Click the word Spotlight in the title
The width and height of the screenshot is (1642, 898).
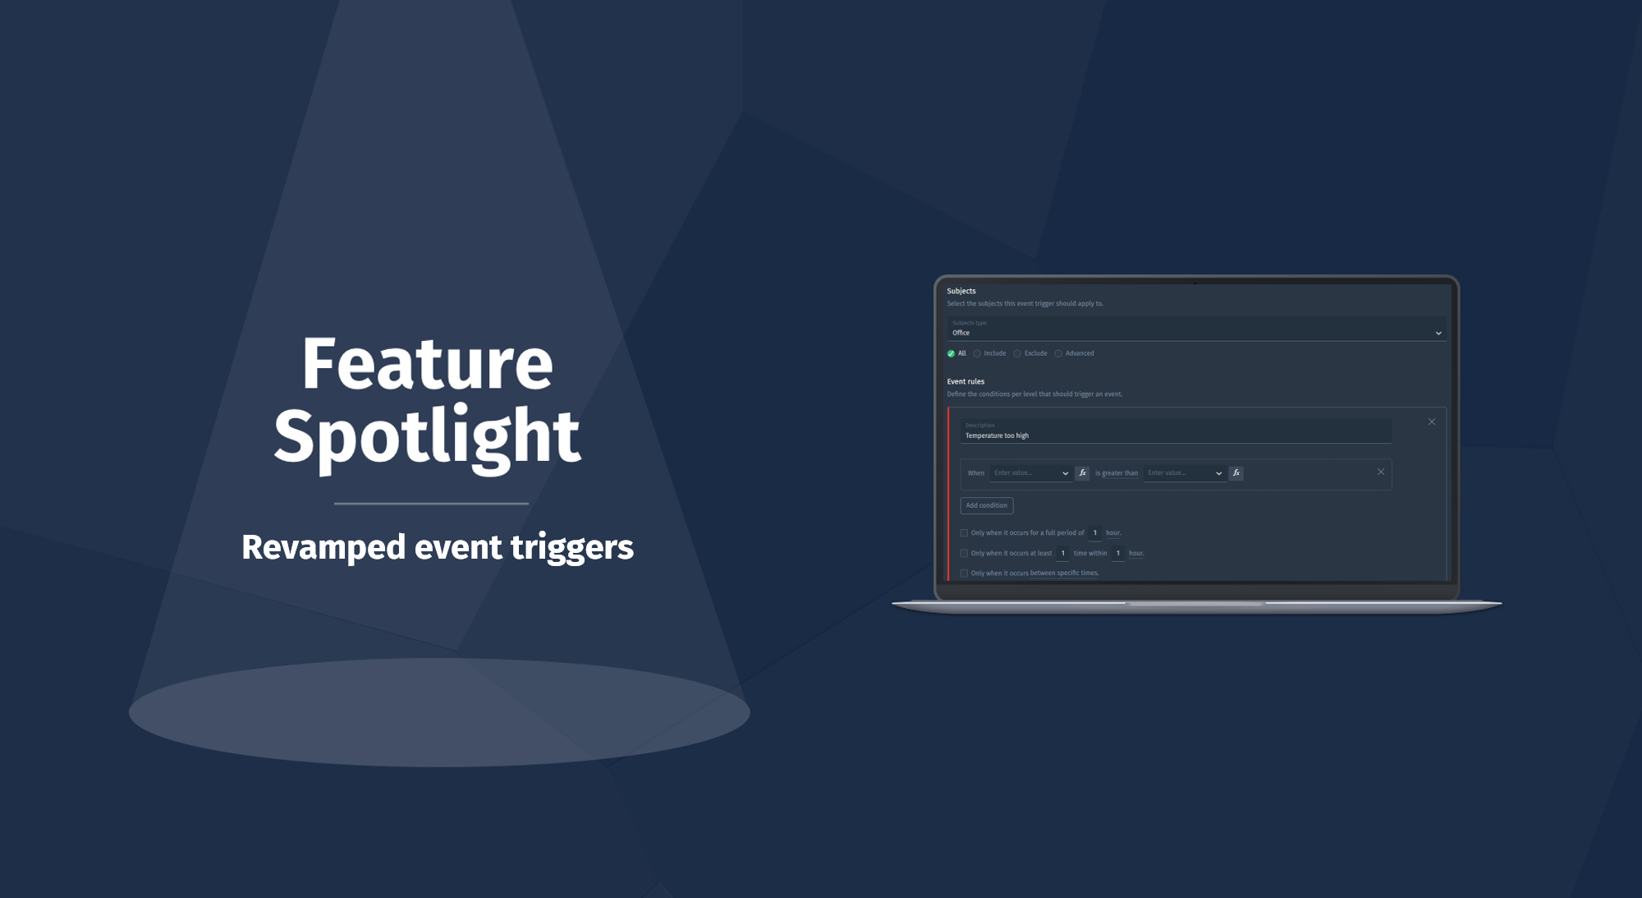pyautogui.click(x=427, y=437)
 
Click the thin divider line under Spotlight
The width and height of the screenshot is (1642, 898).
pyautogui.click(x=431, y=503)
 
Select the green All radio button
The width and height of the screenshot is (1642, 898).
pyautogui.click(x=951, y=353)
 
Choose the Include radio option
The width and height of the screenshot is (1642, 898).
pyautogui.click(x=977, y=353)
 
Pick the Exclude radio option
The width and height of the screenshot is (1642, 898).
pyautogui.click(x=1017, y=353)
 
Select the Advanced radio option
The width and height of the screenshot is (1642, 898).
pyautogui.click(x=1058, y=353)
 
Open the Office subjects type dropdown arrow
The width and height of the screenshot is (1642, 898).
pyautogui.click(x=1438, y=333)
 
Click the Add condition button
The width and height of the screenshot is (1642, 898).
pyautogui.click(x=986, y=505)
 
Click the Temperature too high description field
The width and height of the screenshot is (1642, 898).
pyautogui.click(x=1174, y=435)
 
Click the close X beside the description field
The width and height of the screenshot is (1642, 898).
pyautogui.click(x=1432, y=421)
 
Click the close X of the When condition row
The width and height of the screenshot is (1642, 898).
pyautogui.click(x=1381, y=472)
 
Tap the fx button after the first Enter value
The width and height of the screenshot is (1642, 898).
pyautogui.click(x=1082, y=472)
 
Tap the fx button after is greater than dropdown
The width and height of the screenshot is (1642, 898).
pyautogui.click(x=1236, y=472)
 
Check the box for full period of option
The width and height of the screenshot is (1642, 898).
pyautogui.click(x=964, y=532)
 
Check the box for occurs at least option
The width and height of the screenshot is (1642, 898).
pyautogui.click(x=964, y=553)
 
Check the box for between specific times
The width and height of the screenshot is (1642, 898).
pyautogui.click(x=964, y=573)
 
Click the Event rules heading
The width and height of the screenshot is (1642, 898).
pyautogui.click(x=965, y=381)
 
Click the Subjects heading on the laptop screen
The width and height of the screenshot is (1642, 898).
pyautogui.click(x=961, y=291)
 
